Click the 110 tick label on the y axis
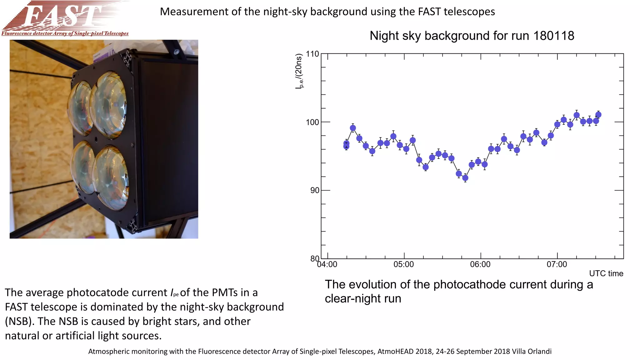(312, 54)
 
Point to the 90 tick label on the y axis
(315, 190)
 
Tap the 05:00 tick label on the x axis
(403, 265)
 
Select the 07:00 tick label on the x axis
(557, 265)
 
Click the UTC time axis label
(606, 273)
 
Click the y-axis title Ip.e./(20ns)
(299, 71)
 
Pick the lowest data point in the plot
(465, 178)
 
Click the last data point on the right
(598, 115)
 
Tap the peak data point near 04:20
(353, 128)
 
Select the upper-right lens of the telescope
(108, 105)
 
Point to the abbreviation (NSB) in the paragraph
(19, 321)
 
